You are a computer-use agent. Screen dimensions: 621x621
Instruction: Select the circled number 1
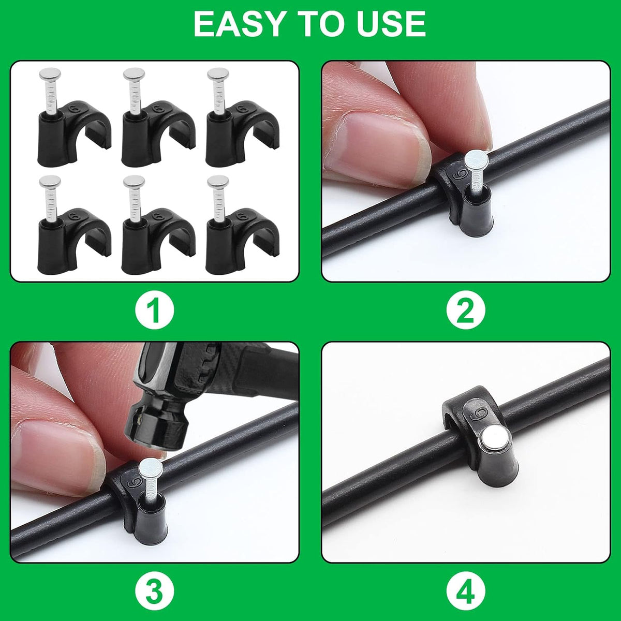click(x=154, y=311)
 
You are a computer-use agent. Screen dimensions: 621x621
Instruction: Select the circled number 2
click(x=466, y=311)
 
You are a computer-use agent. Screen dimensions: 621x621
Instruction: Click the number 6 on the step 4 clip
click(x=478, y=413)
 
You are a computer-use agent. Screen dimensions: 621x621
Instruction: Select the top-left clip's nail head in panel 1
click(x=50, y=75)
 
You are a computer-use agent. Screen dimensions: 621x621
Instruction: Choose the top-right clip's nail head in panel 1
click(x=218, y=75)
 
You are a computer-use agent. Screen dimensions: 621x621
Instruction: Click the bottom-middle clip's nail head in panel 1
click(x=134, y=182)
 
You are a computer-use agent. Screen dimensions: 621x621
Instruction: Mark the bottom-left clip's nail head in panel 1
click(x=50, y=182)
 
